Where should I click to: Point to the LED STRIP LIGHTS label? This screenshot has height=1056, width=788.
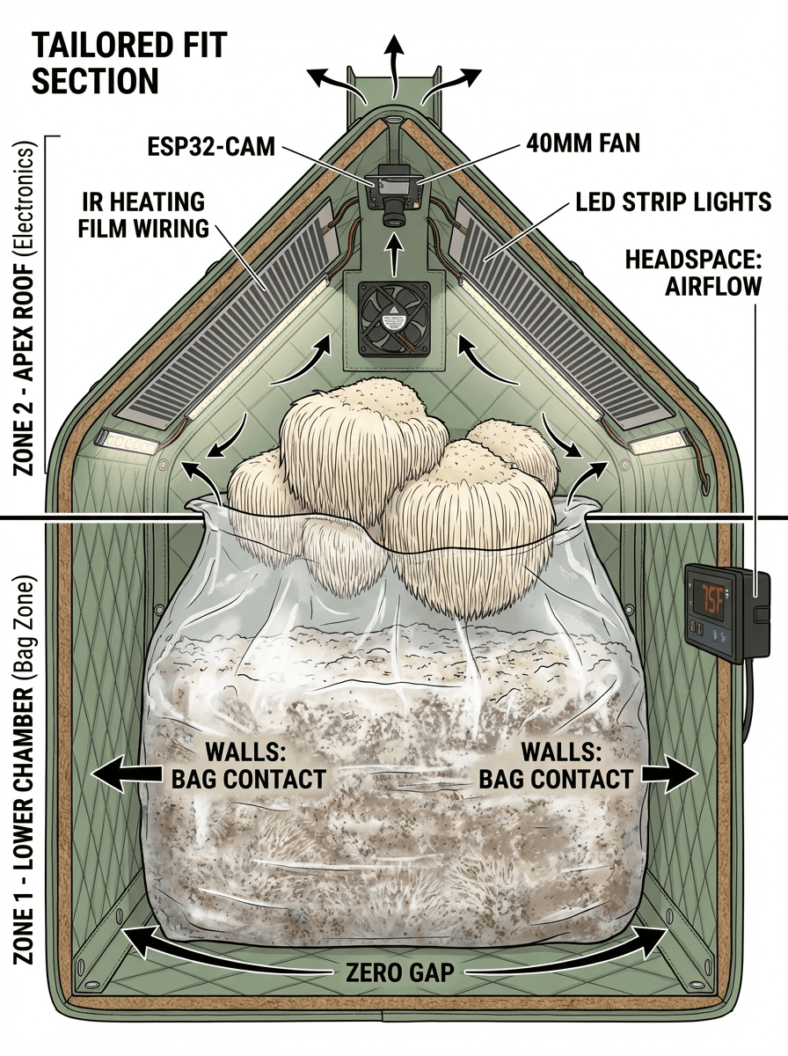tap(673, 202)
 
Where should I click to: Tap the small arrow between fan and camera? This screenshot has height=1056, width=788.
tap(394, 254)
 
